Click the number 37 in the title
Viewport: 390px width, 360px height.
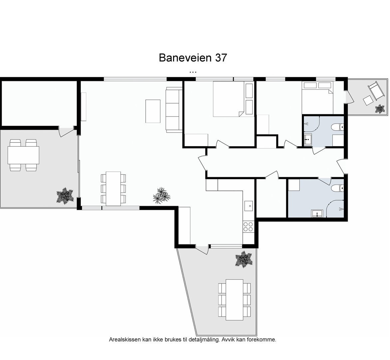click(221, 58)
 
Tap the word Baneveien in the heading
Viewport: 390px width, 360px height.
click(185, 58)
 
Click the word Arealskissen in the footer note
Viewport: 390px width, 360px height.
click(125, 340)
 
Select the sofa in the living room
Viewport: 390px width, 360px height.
click(174, 110)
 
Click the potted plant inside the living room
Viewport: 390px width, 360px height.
click(161, 195)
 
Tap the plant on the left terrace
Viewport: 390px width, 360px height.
click(65, 195)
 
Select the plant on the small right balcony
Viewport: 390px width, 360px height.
click(380, 109)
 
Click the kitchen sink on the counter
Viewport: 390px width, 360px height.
click(248, 206)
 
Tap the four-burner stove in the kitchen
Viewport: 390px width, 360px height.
click(248, 227)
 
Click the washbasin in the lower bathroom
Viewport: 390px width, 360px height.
click(317, 213)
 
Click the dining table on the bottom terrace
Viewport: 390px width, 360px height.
click(234, 300)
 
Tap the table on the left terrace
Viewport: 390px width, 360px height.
click(23, 155)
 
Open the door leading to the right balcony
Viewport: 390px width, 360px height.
click(347, 97)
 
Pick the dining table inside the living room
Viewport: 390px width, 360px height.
click(113, 188)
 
